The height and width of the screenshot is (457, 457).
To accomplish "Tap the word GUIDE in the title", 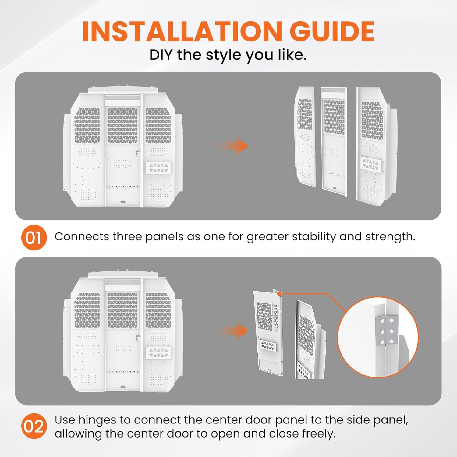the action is click(332, 31).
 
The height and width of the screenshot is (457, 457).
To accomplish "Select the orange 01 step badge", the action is click(34, 238).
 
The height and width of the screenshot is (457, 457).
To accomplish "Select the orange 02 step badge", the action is click(34, 426).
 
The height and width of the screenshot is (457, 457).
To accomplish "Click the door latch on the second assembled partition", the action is click(138, 338).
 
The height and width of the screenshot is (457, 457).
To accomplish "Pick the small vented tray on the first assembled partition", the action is click(158, 168).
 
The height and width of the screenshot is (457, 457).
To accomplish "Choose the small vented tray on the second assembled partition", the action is click(158, 352).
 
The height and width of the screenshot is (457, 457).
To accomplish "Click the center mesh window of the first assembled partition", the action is click(123, 125).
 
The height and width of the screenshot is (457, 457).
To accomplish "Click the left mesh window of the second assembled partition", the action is click(87, 310).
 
